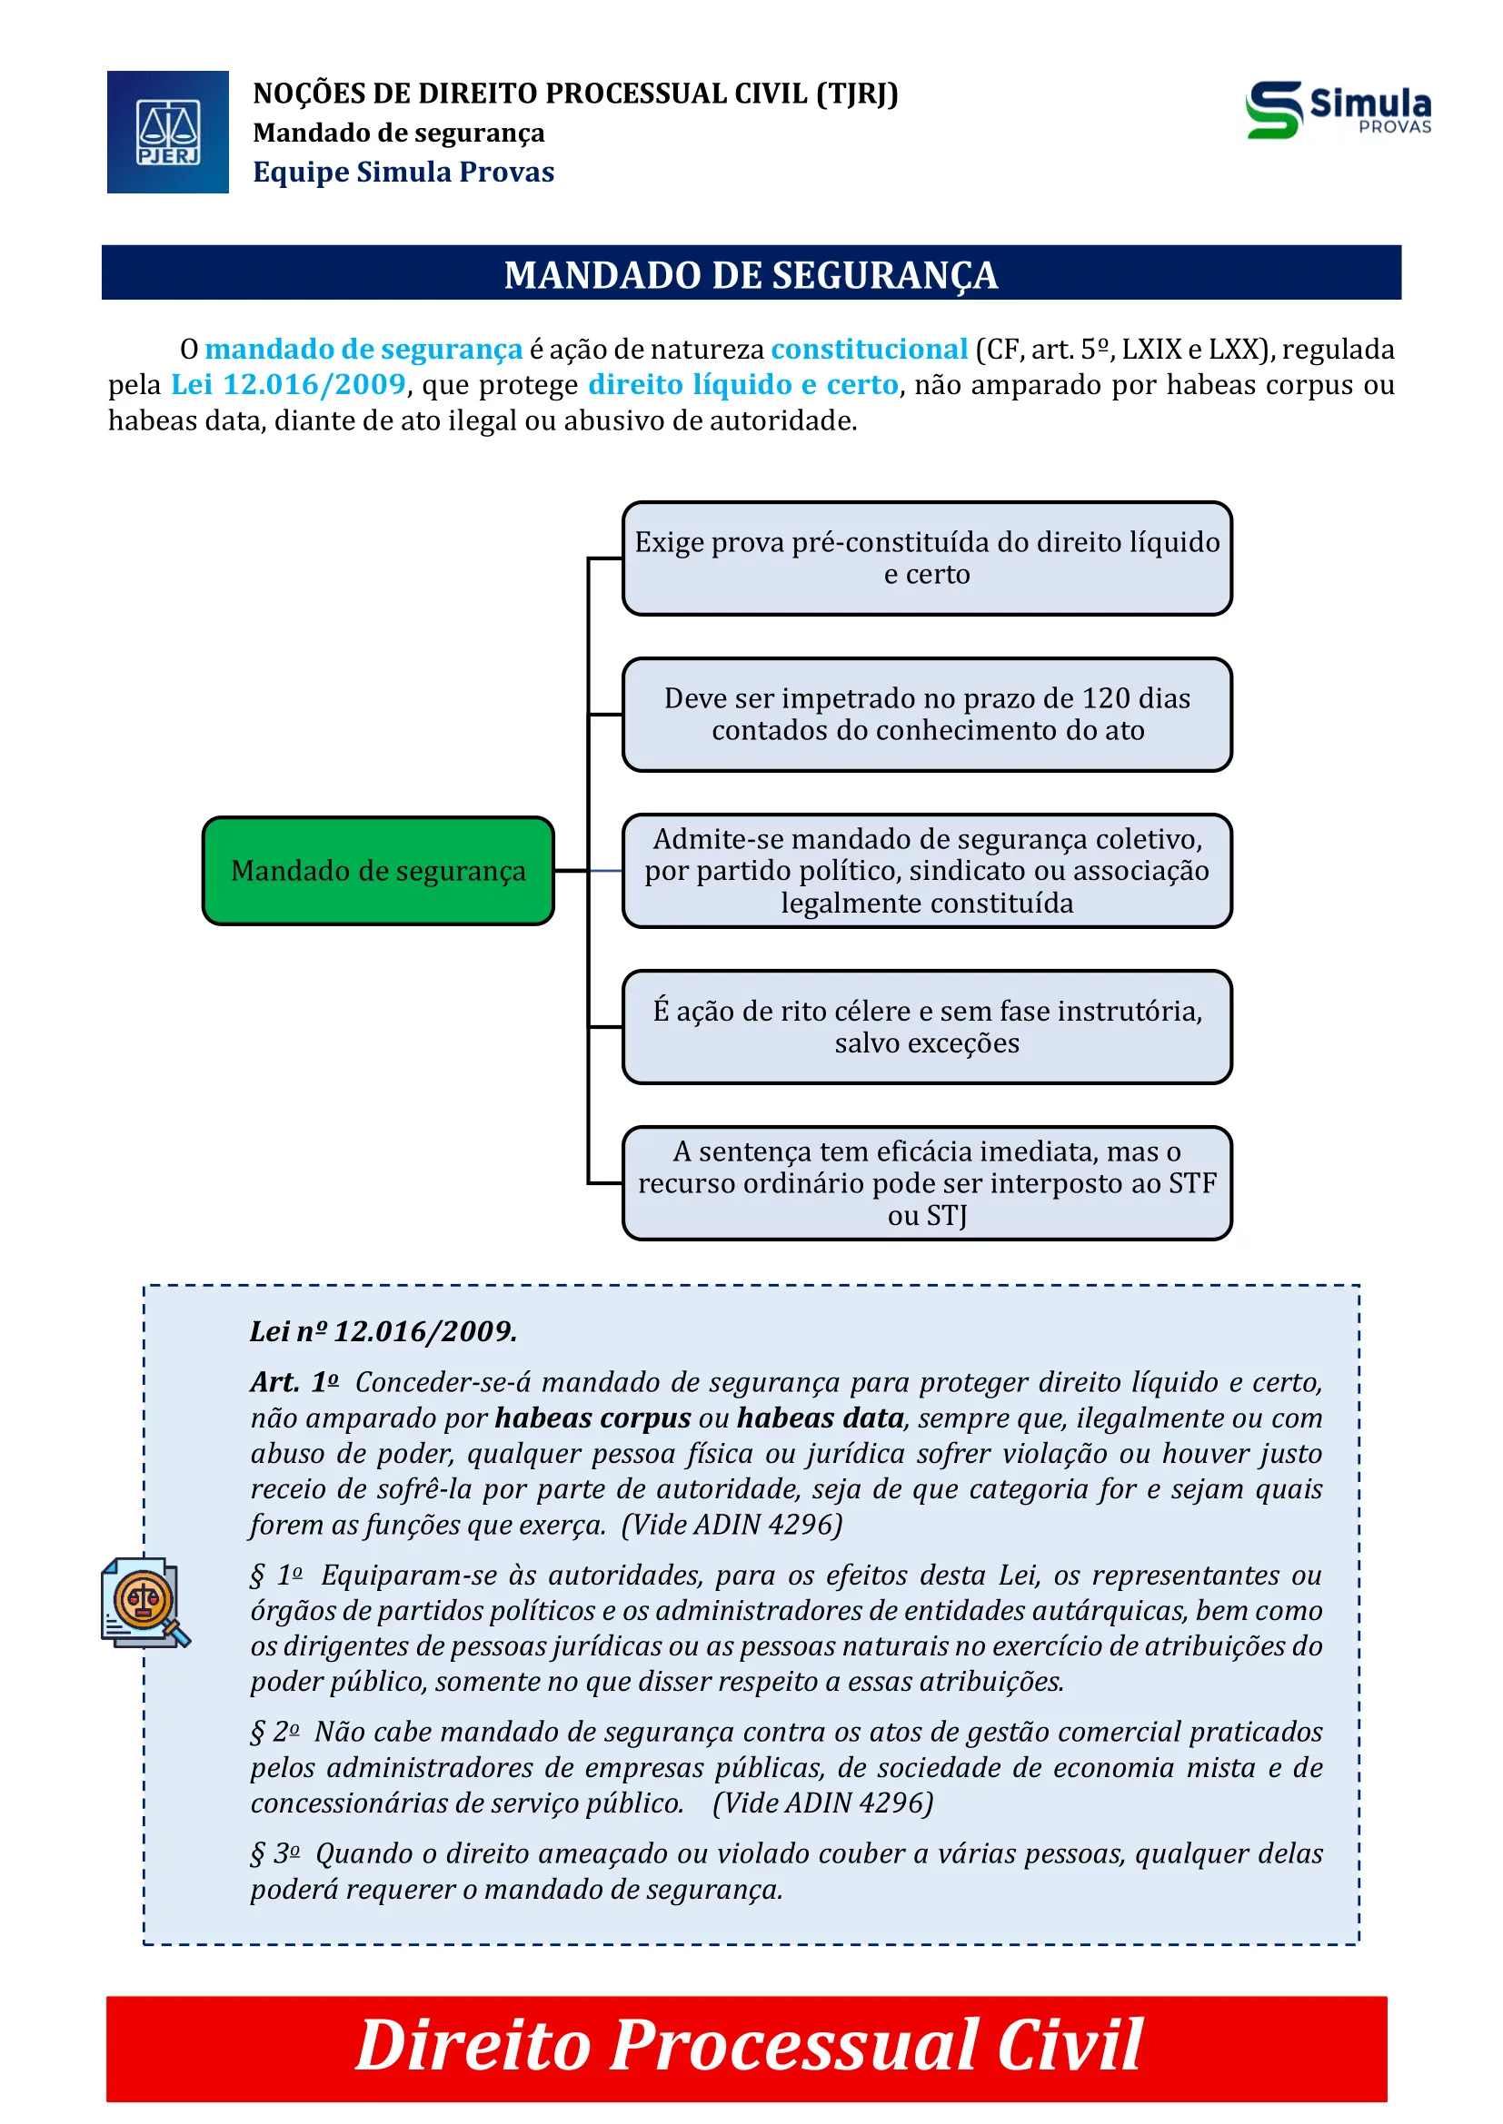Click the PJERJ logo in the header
167,133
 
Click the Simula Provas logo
1338,110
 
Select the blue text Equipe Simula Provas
403,172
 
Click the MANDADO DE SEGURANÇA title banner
751,274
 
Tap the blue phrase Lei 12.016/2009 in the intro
288,384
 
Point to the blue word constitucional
868,349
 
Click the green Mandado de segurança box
378,871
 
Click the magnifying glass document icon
144,1602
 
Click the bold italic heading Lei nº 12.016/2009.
383,1331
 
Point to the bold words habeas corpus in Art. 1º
592,1418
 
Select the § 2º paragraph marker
274,1732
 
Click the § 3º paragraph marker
274,1854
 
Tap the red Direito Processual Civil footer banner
746,2048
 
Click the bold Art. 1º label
294,1382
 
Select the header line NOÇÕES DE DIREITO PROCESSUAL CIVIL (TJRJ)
574,94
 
